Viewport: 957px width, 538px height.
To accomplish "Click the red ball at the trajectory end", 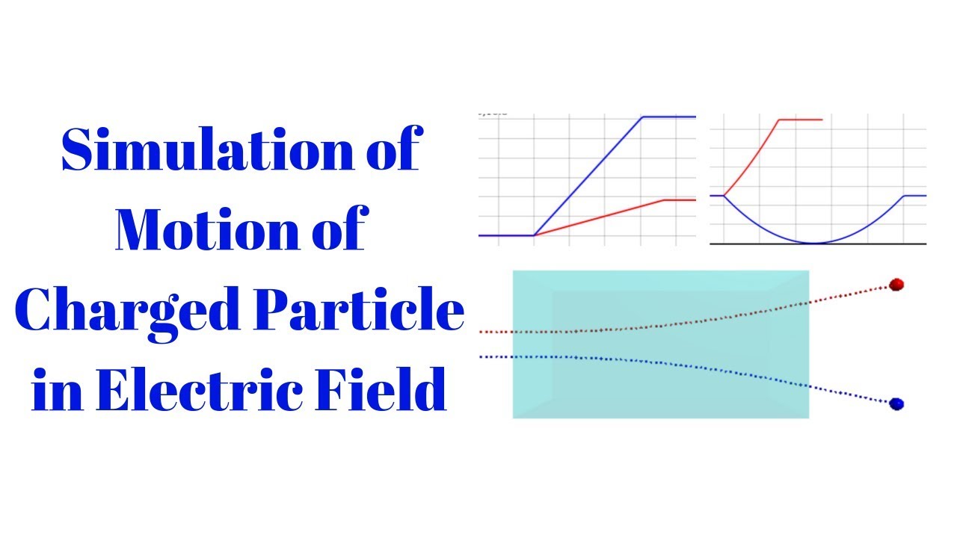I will (897, 284).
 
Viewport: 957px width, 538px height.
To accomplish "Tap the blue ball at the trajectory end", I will (897, 403).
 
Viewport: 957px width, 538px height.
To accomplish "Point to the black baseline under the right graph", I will (860, 244).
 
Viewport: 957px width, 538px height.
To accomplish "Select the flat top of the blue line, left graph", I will (669, 117).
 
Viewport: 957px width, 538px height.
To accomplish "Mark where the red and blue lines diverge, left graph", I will (534, 235).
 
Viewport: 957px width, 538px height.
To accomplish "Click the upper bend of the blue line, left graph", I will (643, 117).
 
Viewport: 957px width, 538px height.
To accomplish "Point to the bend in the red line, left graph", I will (665, 200).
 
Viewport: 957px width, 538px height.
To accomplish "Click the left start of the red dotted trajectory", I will (481, 331).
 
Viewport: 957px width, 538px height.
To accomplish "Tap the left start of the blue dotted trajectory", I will (481, 357).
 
